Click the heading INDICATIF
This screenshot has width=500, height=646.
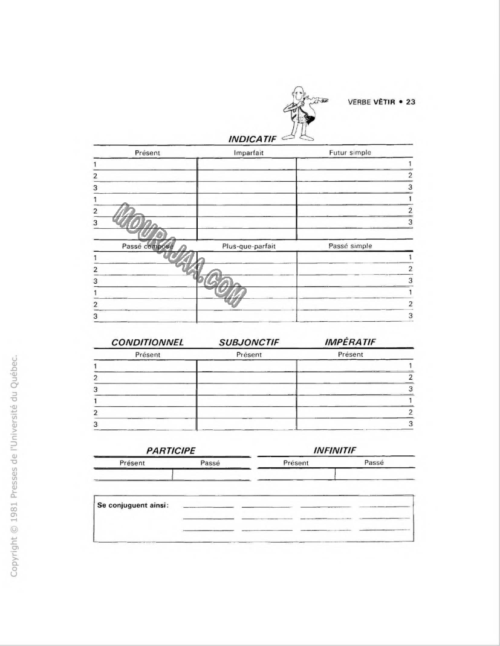(252, 139)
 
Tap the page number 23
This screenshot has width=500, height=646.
(411, 101)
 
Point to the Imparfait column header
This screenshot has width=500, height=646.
(248, 153)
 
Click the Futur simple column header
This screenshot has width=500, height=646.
(350, 153)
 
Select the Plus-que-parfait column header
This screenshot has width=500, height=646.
(248, 246)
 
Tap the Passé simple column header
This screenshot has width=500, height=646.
(350, 246)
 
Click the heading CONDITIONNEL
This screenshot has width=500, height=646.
(148, 342)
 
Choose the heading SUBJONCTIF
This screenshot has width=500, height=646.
(249, 342)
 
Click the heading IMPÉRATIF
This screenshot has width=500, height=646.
(350, 342)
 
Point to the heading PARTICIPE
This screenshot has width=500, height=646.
(172, 450)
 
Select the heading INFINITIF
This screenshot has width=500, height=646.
(334, 450)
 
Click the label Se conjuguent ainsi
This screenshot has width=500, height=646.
(132, 505)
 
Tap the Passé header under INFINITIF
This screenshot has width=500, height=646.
(374, 462)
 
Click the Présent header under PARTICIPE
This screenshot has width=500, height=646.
(132, 462)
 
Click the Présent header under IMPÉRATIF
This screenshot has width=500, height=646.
(350, 354)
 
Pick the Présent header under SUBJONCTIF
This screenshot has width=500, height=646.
(249, 354)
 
